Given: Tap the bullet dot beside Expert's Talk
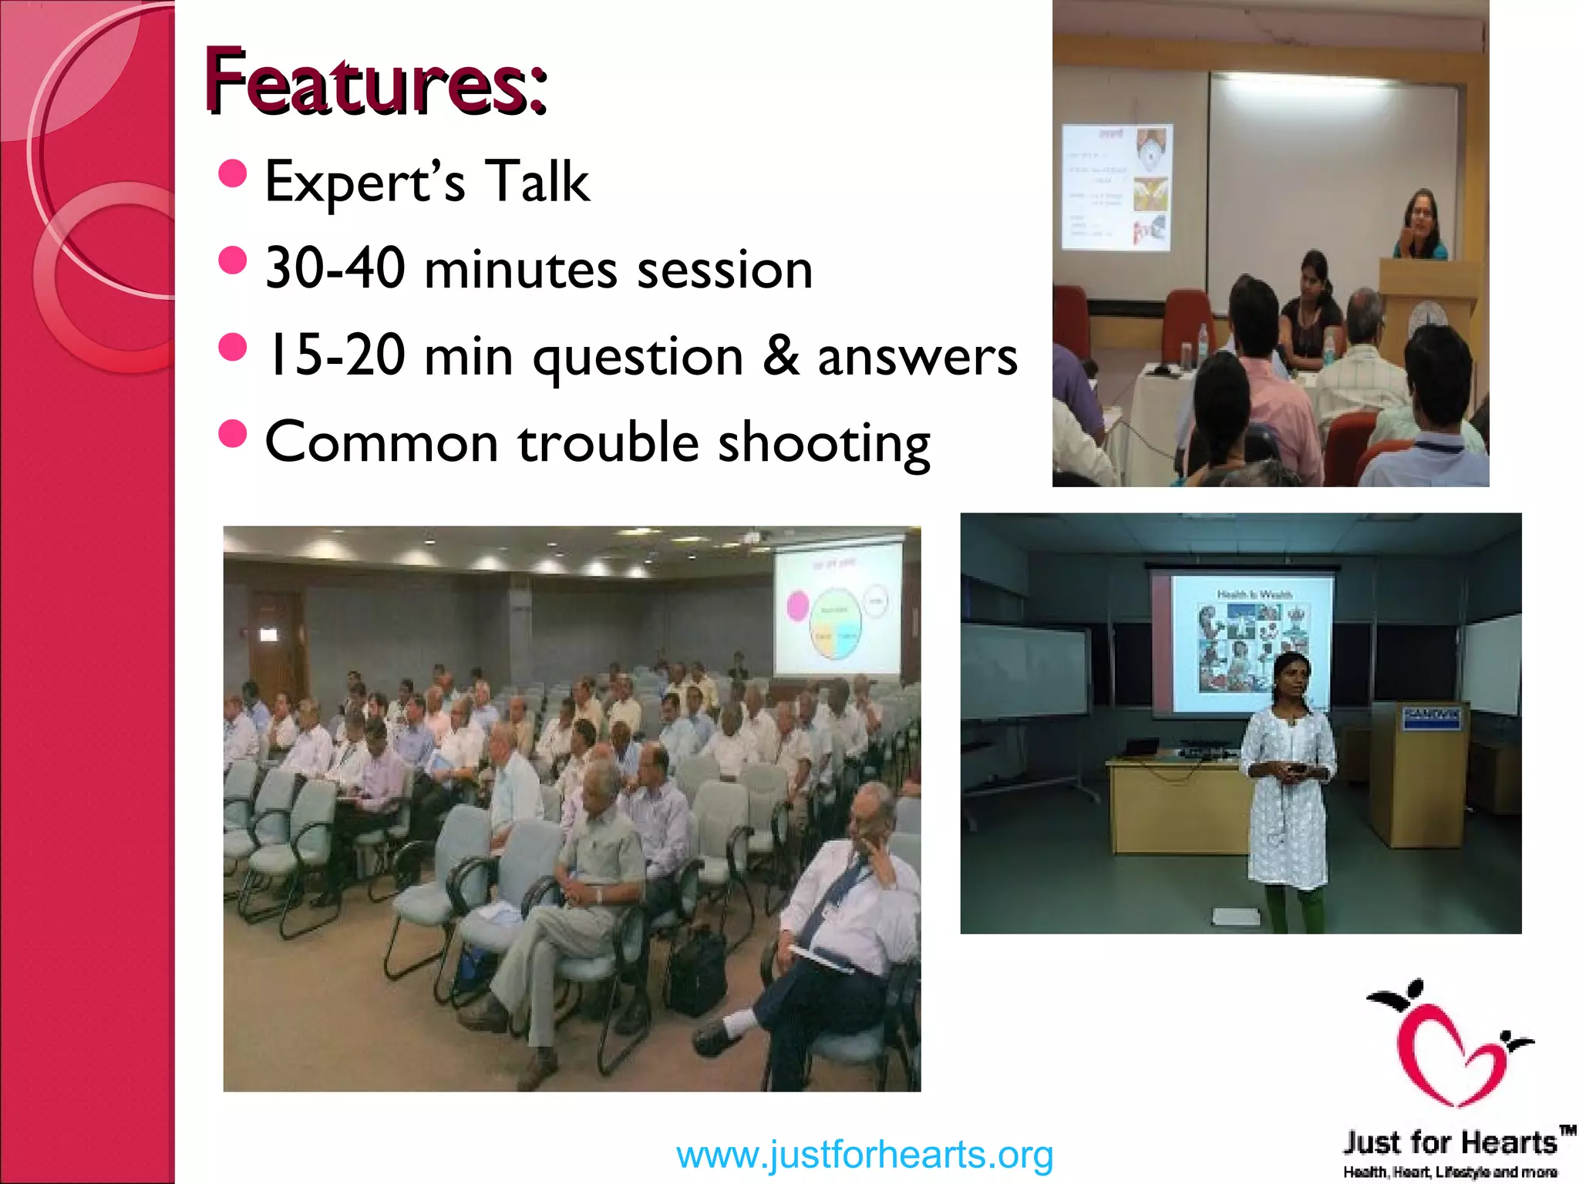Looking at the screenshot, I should click(232, 174).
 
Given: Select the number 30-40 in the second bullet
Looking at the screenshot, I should click(335, 269).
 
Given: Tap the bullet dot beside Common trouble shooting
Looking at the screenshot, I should click(232, 434).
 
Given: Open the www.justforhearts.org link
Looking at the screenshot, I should click(864, 1155).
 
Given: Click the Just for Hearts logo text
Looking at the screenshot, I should click(1449, 1142).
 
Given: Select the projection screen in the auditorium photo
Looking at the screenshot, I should click(837, 609).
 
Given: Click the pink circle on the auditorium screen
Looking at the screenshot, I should click(797, 606).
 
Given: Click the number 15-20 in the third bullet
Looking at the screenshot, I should click(335, 355).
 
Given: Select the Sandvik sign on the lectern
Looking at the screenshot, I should click(1431, 715).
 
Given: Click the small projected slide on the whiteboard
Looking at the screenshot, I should click(1116, 187).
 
